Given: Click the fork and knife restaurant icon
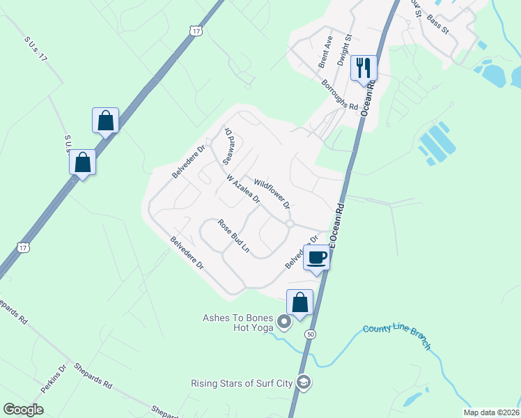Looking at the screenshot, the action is [x=364, y=68].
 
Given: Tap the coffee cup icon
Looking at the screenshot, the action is [x=316, y=257].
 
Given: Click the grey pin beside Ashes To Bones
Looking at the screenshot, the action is [x=283, y=322].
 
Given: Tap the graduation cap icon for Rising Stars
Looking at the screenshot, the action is [x=303, y=382].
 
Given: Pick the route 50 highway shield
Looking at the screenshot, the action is [x=309, y=335].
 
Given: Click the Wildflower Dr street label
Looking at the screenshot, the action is [x=272, y=193].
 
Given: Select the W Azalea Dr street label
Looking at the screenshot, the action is [x=243, y=188].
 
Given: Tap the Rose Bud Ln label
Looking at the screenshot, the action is [x=233, y=235].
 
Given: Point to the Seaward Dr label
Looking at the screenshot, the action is [x=227, y=145].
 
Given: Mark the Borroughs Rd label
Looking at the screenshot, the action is [x=339, y=95].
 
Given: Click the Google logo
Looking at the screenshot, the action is [x=24, y=410].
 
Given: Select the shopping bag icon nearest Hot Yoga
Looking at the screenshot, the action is [x=300, y=303].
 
